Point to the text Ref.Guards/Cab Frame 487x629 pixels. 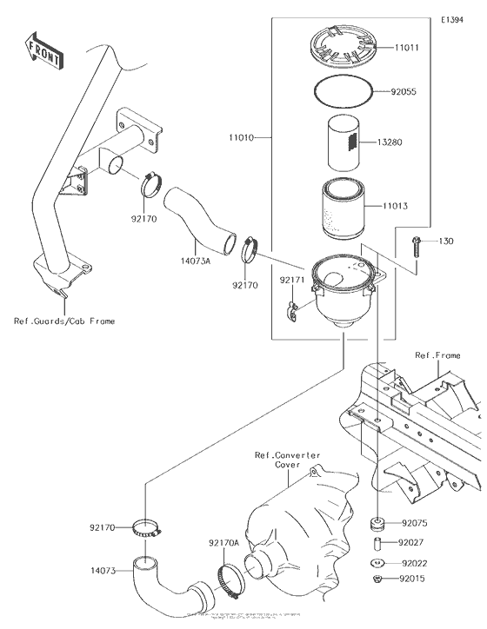(x=64, y=321)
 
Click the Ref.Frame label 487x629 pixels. (x=437, y=354)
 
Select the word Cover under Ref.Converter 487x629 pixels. (x=287, y=465)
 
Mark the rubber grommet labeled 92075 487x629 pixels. (x=378, y=524)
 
